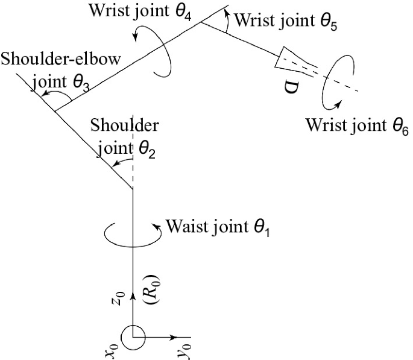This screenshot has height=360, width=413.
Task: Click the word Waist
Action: [184, 227]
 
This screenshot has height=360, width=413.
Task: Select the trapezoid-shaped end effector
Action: [291, 58]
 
